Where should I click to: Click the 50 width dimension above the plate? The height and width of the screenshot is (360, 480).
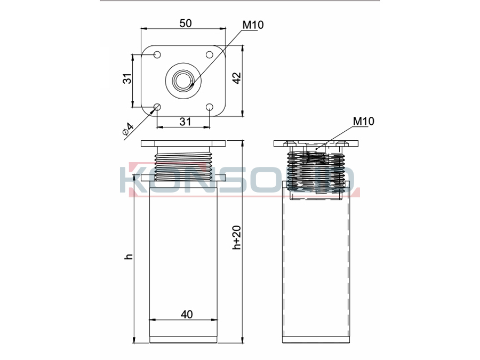pyautogui.click(x=186, y=23)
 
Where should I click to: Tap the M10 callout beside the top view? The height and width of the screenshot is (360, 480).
pyautogui.click(x=253, y=25)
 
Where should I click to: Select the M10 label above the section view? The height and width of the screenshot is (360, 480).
pyautogui.click(x=364, y=121)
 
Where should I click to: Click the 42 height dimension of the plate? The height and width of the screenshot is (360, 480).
pyautogui.click(x=237, y=78)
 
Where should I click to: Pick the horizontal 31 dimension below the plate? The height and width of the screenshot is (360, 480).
pyautogui.click(x=185, y=122)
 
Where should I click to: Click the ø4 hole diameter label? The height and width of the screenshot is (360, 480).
pyautogui.click(x=128, y=129)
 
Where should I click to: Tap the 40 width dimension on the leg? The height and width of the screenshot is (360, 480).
pyautogui.click(x=187, y=314)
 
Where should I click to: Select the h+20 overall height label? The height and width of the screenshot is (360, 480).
pyautogui.click(x=237, y=237)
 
